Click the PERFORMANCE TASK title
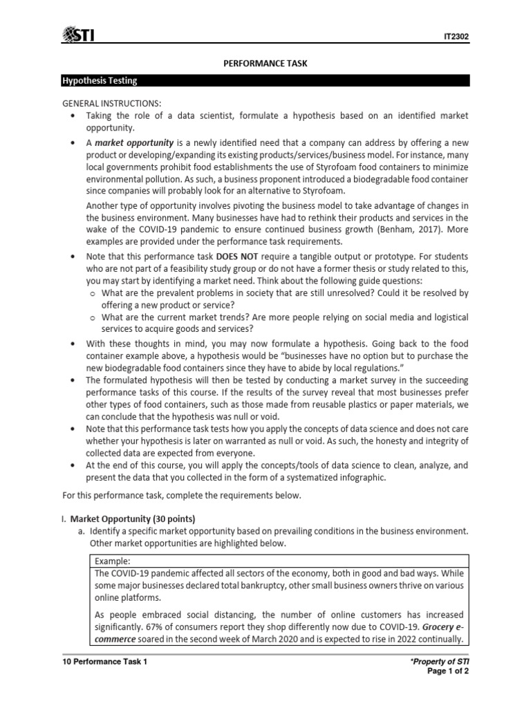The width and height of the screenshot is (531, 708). click(x=265, y=64)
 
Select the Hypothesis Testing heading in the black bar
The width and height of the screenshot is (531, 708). click(x=100, y=81)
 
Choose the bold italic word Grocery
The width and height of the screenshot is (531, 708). click(x=436, y=627)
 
